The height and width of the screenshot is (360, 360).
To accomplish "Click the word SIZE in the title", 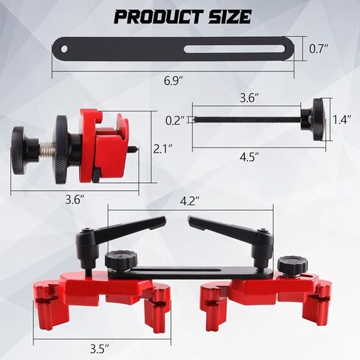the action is point(230,17).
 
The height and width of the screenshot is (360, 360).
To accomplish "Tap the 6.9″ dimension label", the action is point(174,81).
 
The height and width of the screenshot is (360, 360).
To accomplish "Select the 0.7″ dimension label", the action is point(319,49).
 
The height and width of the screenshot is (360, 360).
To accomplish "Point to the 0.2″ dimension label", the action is point(175,120).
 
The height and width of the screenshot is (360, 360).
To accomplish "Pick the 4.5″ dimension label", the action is point(249,157).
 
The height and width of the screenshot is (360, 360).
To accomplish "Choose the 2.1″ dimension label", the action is point(162,149).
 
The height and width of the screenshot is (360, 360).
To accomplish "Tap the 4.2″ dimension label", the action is point(190,201).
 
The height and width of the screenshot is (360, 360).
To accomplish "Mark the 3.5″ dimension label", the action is point(100,349).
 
